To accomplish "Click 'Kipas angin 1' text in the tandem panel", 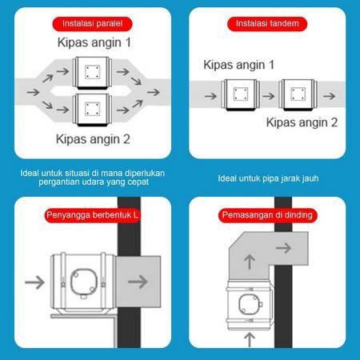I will point(239,64).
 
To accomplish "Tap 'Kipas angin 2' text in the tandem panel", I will point(301,122).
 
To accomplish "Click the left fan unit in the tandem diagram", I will point(238,94).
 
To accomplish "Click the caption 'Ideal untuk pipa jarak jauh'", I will point(268,178).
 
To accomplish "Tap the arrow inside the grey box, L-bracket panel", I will point(137,281).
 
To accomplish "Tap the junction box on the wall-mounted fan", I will point(248,304).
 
